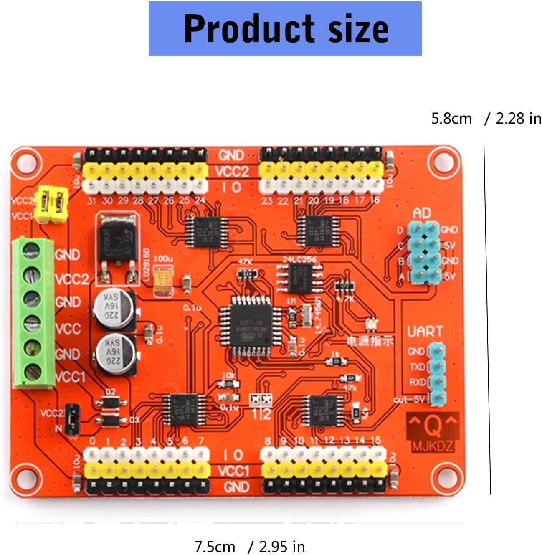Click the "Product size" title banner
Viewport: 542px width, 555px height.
[285, 28]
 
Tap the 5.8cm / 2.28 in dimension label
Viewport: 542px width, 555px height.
[486, 119]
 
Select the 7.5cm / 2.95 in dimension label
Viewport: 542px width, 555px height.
[249, 547]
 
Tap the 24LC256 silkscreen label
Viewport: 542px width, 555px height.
[299, 259]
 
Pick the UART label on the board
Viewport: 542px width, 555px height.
[425, 332]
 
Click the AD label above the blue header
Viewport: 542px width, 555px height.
[421, 214]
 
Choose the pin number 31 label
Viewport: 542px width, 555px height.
[91, 201]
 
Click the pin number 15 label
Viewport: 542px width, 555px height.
[375, 440]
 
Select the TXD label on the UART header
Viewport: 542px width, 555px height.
[417, 367]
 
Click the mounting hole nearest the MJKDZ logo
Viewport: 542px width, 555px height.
[443, 476]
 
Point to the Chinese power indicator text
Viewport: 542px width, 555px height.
[370, 341]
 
